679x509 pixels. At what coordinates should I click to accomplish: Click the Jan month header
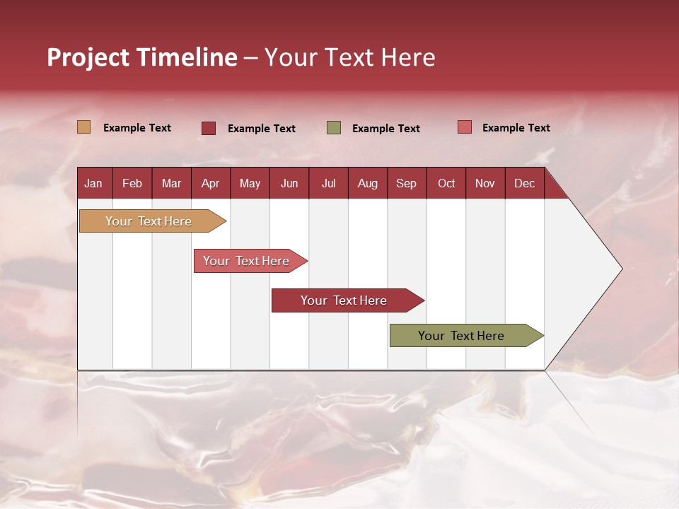(93, 183)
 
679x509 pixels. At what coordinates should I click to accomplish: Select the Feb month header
(132, 183)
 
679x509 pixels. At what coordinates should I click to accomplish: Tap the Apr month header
(210, 183)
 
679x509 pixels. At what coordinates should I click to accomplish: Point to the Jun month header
(289, 183)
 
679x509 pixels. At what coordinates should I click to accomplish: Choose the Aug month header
(367, 183)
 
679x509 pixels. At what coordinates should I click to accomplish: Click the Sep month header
(406, 183)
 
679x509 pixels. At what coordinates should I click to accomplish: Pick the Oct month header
(446, 183)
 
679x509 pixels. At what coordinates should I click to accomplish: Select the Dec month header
(524, 183)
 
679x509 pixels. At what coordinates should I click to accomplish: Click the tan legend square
(84, 127)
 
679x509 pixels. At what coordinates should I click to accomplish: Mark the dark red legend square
(209, 128)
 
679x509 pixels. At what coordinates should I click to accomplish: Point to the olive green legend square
(334, 128)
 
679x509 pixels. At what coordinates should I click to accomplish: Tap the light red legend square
(465, 127)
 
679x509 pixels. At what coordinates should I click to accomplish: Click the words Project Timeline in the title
(142, 57)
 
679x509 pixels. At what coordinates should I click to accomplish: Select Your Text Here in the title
(349, 57)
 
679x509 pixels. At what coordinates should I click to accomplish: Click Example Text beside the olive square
(385, 129)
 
